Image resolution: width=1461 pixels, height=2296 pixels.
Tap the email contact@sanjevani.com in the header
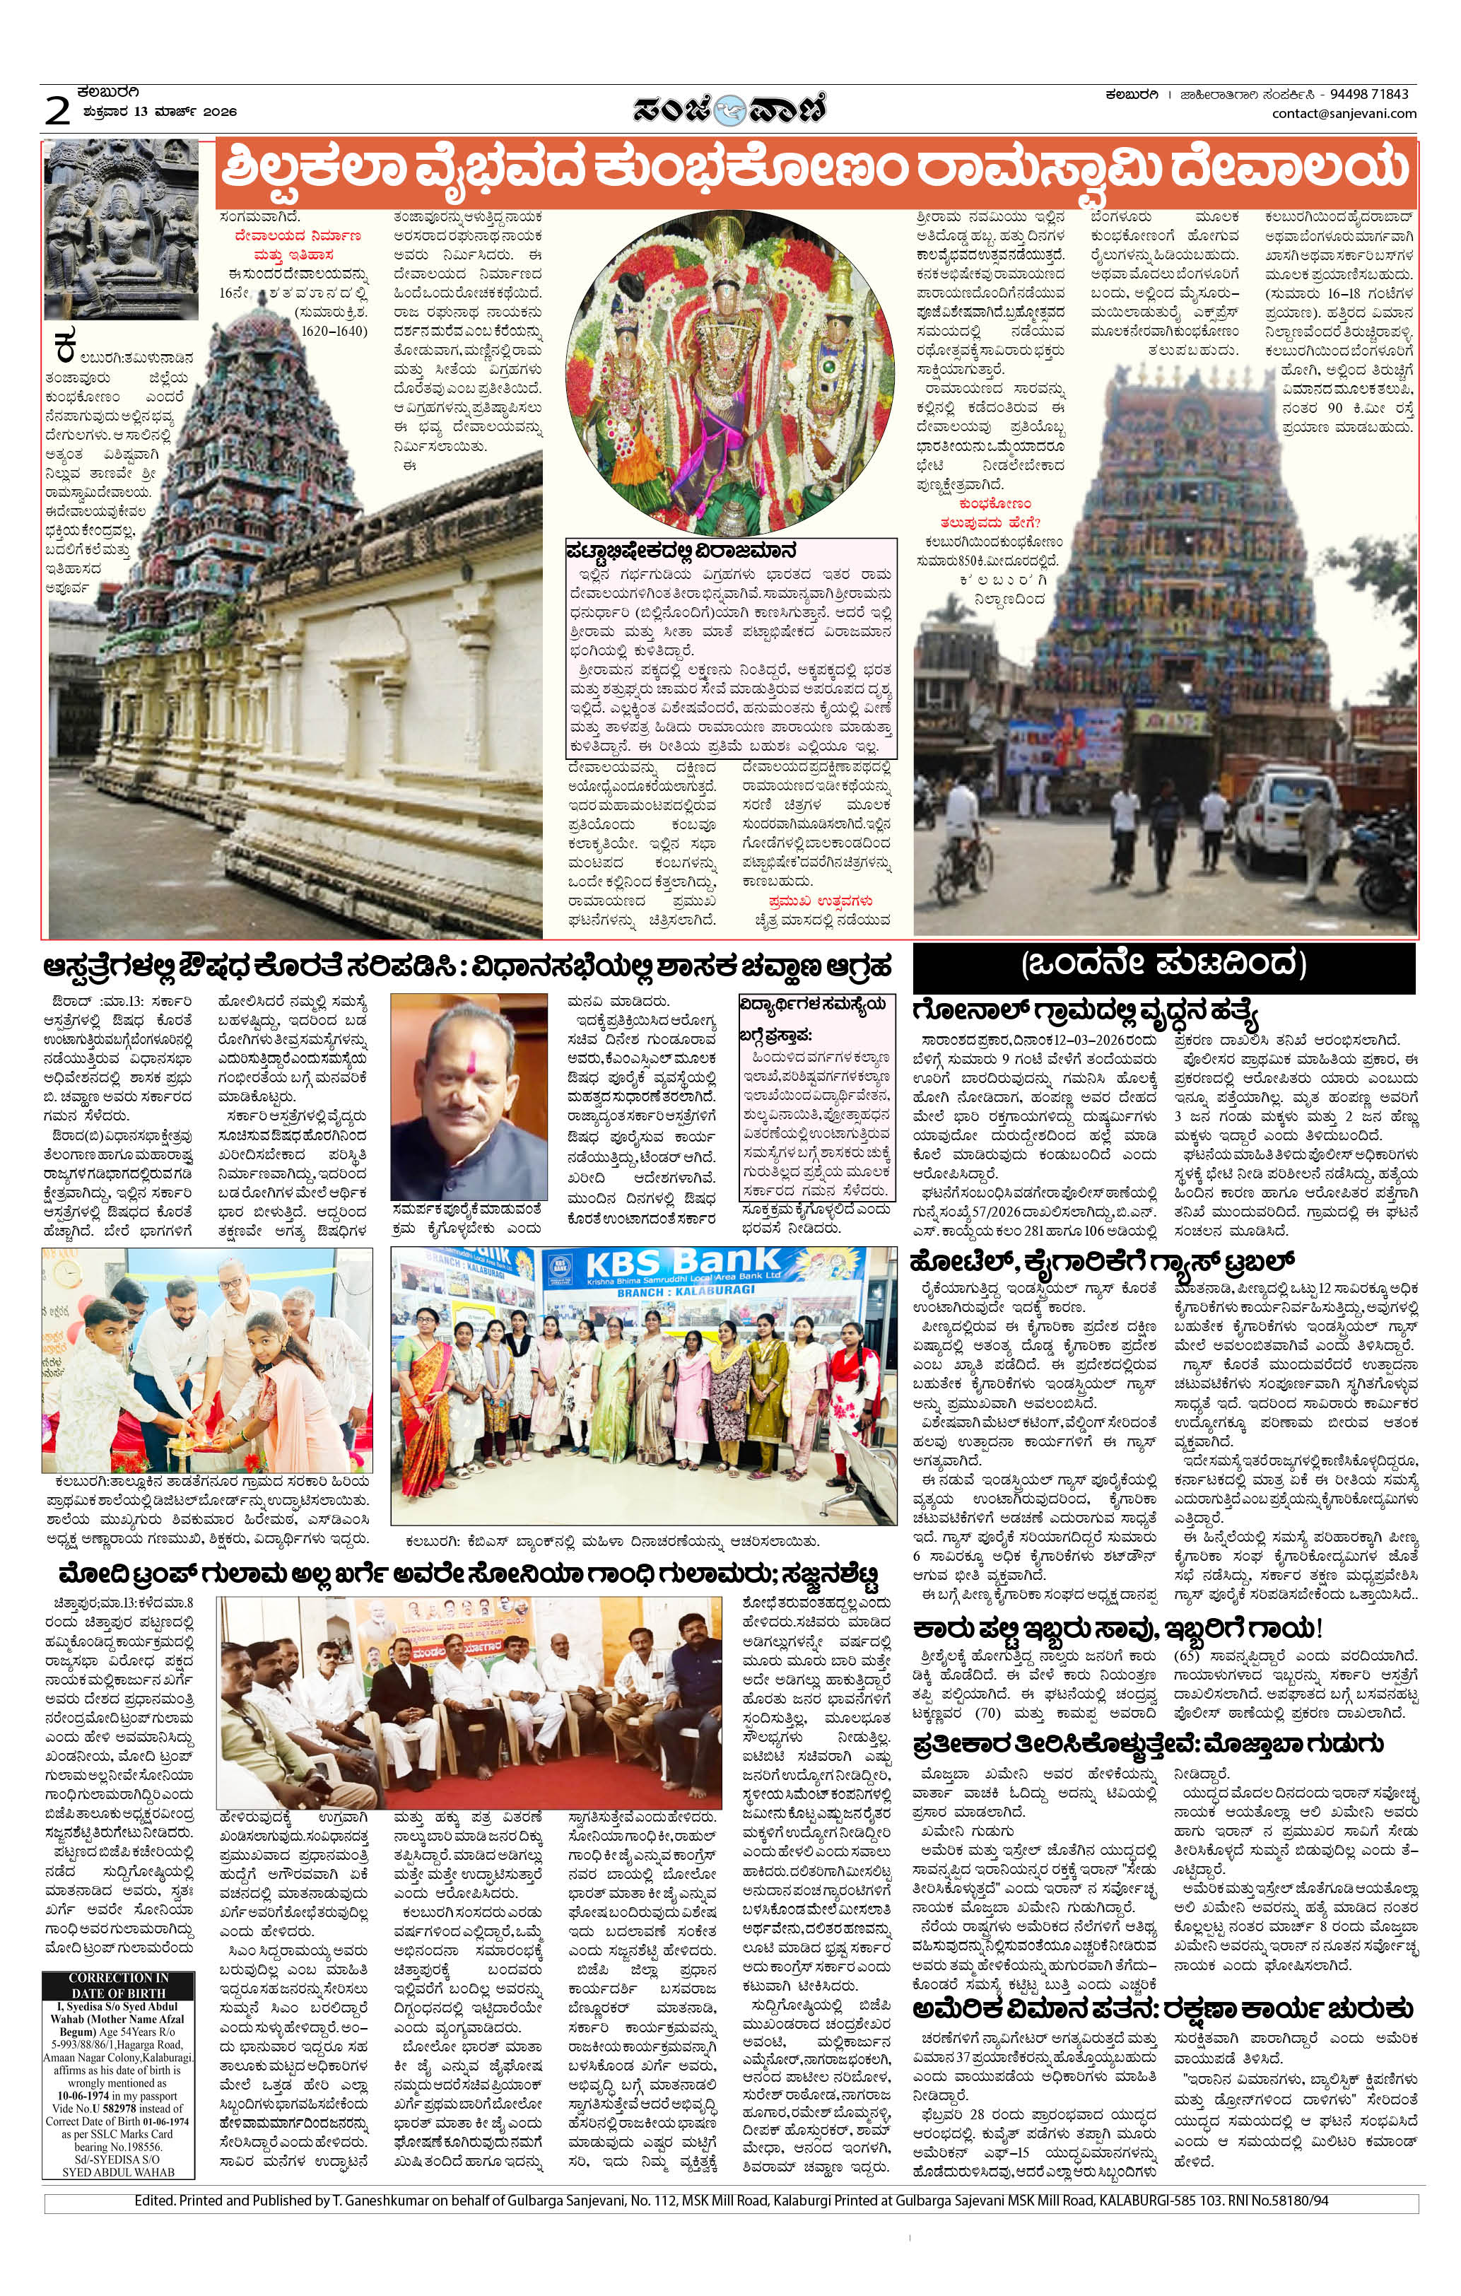pyautogui.click(x=1343, y=114)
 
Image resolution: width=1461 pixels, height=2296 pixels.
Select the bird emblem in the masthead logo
pyautogui.click(x=731, y=110)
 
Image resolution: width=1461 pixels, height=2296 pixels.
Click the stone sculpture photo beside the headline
pyautogui.click(x=121, y=229)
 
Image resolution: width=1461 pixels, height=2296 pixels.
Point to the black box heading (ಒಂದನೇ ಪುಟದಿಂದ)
pyautogui.click(x=1163, y=965)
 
